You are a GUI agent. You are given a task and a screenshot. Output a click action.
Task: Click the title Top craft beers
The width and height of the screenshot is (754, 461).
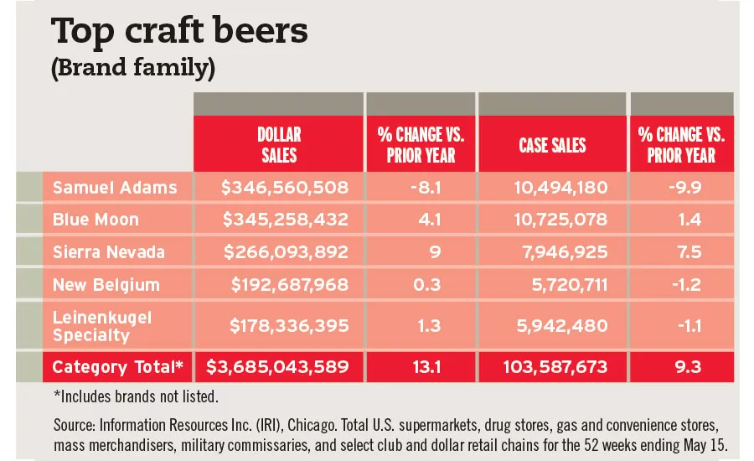[x=179, y=31]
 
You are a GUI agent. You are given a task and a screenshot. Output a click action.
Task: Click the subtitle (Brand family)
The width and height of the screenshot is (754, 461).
[x=133, y=69]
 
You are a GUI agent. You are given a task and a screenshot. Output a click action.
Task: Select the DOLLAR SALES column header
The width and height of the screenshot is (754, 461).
[x=279, y=144]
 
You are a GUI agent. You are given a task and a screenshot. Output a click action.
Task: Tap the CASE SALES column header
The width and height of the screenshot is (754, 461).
[x=553, y=145]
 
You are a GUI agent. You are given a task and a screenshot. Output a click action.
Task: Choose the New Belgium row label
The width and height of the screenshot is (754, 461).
[x=106, y=285]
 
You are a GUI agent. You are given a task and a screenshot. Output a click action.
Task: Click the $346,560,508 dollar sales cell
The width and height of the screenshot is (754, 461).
[x=285, y=187]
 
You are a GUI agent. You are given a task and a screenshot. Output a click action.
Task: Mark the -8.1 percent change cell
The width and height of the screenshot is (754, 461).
[x=421, y=187]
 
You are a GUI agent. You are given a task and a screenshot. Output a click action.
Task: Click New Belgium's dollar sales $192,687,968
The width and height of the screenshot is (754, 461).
[x=290, y=285]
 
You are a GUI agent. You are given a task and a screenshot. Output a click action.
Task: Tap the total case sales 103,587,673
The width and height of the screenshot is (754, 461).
[x=555, y=366]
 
